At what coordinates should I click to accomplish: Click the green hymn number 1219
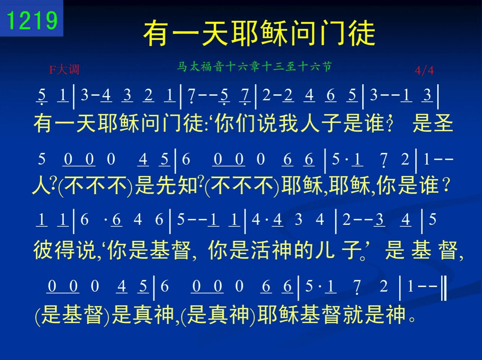point(32,20)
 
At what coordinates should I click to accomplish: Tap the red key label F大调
point(64,70)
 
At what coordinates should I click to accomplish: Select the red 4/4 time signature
point(424,71)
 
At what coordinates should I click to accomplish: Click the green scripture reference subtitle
point(254,67)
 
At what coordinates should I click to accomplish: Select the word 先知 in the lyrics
point(177,186)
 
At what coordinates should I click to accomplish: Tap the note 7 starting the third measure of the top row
point(192,96)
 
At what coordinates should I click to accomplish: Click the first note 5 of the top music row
point(42,96)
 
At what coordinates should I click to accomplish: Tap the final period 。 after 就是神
point(412,319)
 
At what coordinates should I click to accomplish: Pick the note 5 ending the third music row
point(432,219)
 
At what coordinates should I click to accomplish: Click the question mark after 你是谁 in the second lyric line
point(446,186)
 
